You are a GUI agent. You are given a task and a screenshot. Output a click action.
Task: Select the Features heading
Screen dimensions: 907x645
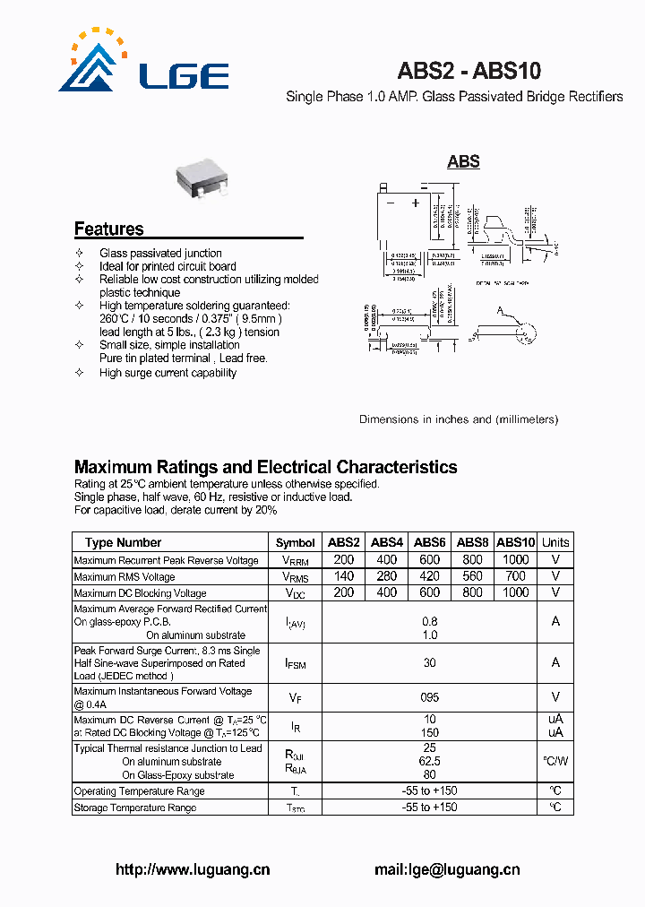click(108, 229)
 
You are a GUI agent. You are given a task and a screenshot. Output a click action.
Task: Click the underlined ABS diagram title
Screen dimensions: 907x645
click(463, 161)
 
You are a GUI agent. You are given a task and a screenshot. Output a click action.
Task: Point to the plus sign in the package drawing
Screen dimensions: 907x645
click(415, 203)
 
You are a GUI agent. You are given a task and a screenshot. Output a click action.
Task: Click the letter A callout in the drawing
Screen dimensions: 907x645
click(502, 310)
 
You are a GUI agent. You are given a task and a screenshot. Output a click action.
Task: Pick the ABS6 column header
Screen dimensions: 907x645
click(430, 542)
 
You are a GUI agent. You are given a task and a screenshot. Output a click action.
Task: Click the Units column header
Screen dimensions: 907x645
click(555, 542)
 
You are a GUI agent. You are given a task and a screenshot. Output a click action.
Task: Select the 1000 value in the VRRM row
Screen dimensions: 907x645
click(516, 559)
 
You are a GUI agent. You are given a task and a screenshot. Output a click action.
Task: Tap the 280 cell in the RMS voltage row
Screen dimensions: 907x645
click(387, 576)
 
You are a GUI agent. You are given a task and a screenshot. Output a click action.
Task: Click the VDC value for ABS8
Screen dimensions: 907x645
click(472, 592)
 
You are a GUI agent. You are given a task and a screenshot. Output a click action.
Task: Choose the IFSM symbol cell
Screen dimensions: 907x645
click(295, 664)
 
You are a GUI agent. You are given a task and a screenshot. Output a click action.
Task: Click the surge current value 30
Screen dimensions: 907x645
click(430, 663)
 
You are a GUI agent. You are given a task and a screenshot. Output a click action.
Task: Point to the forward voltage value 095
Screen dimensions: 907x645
click(430, 697)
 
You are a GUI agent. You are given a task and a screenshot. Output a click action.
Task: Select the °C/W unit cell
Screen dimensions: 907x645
click(555, 761)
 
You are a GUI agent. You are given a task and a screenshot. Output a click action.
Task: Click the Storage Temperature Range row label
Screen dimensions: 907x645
click(135, 808)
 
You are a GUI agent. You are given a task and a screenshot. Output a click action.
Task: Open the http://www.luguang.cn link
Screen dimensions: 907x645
click(193, 869)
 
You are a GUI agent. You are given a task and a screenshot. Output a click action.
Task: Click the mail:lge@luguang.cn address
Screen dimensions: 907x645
click(446, 869)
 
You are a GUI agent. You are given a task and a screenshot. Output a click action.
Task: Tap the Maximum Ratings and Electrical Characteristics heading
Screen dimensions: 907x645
click(265, 467)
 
